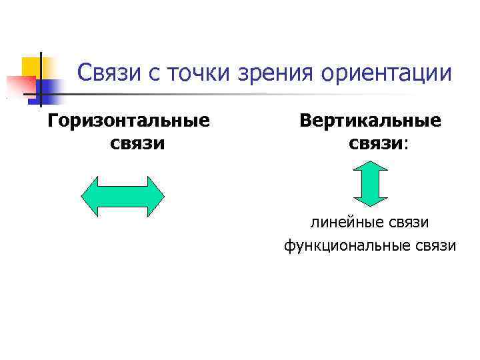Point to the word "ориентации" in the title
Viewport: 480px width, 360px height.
point(387,73)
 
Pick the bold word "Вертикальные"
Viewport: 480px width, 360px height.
point(370,121)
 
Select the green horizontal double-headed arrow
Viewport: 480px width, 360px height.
point(122,196)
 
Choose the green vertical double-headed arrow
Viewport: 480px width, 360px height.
point(369,183)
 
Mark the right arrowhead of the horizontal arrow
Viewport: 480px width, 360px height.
point(155,196)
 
